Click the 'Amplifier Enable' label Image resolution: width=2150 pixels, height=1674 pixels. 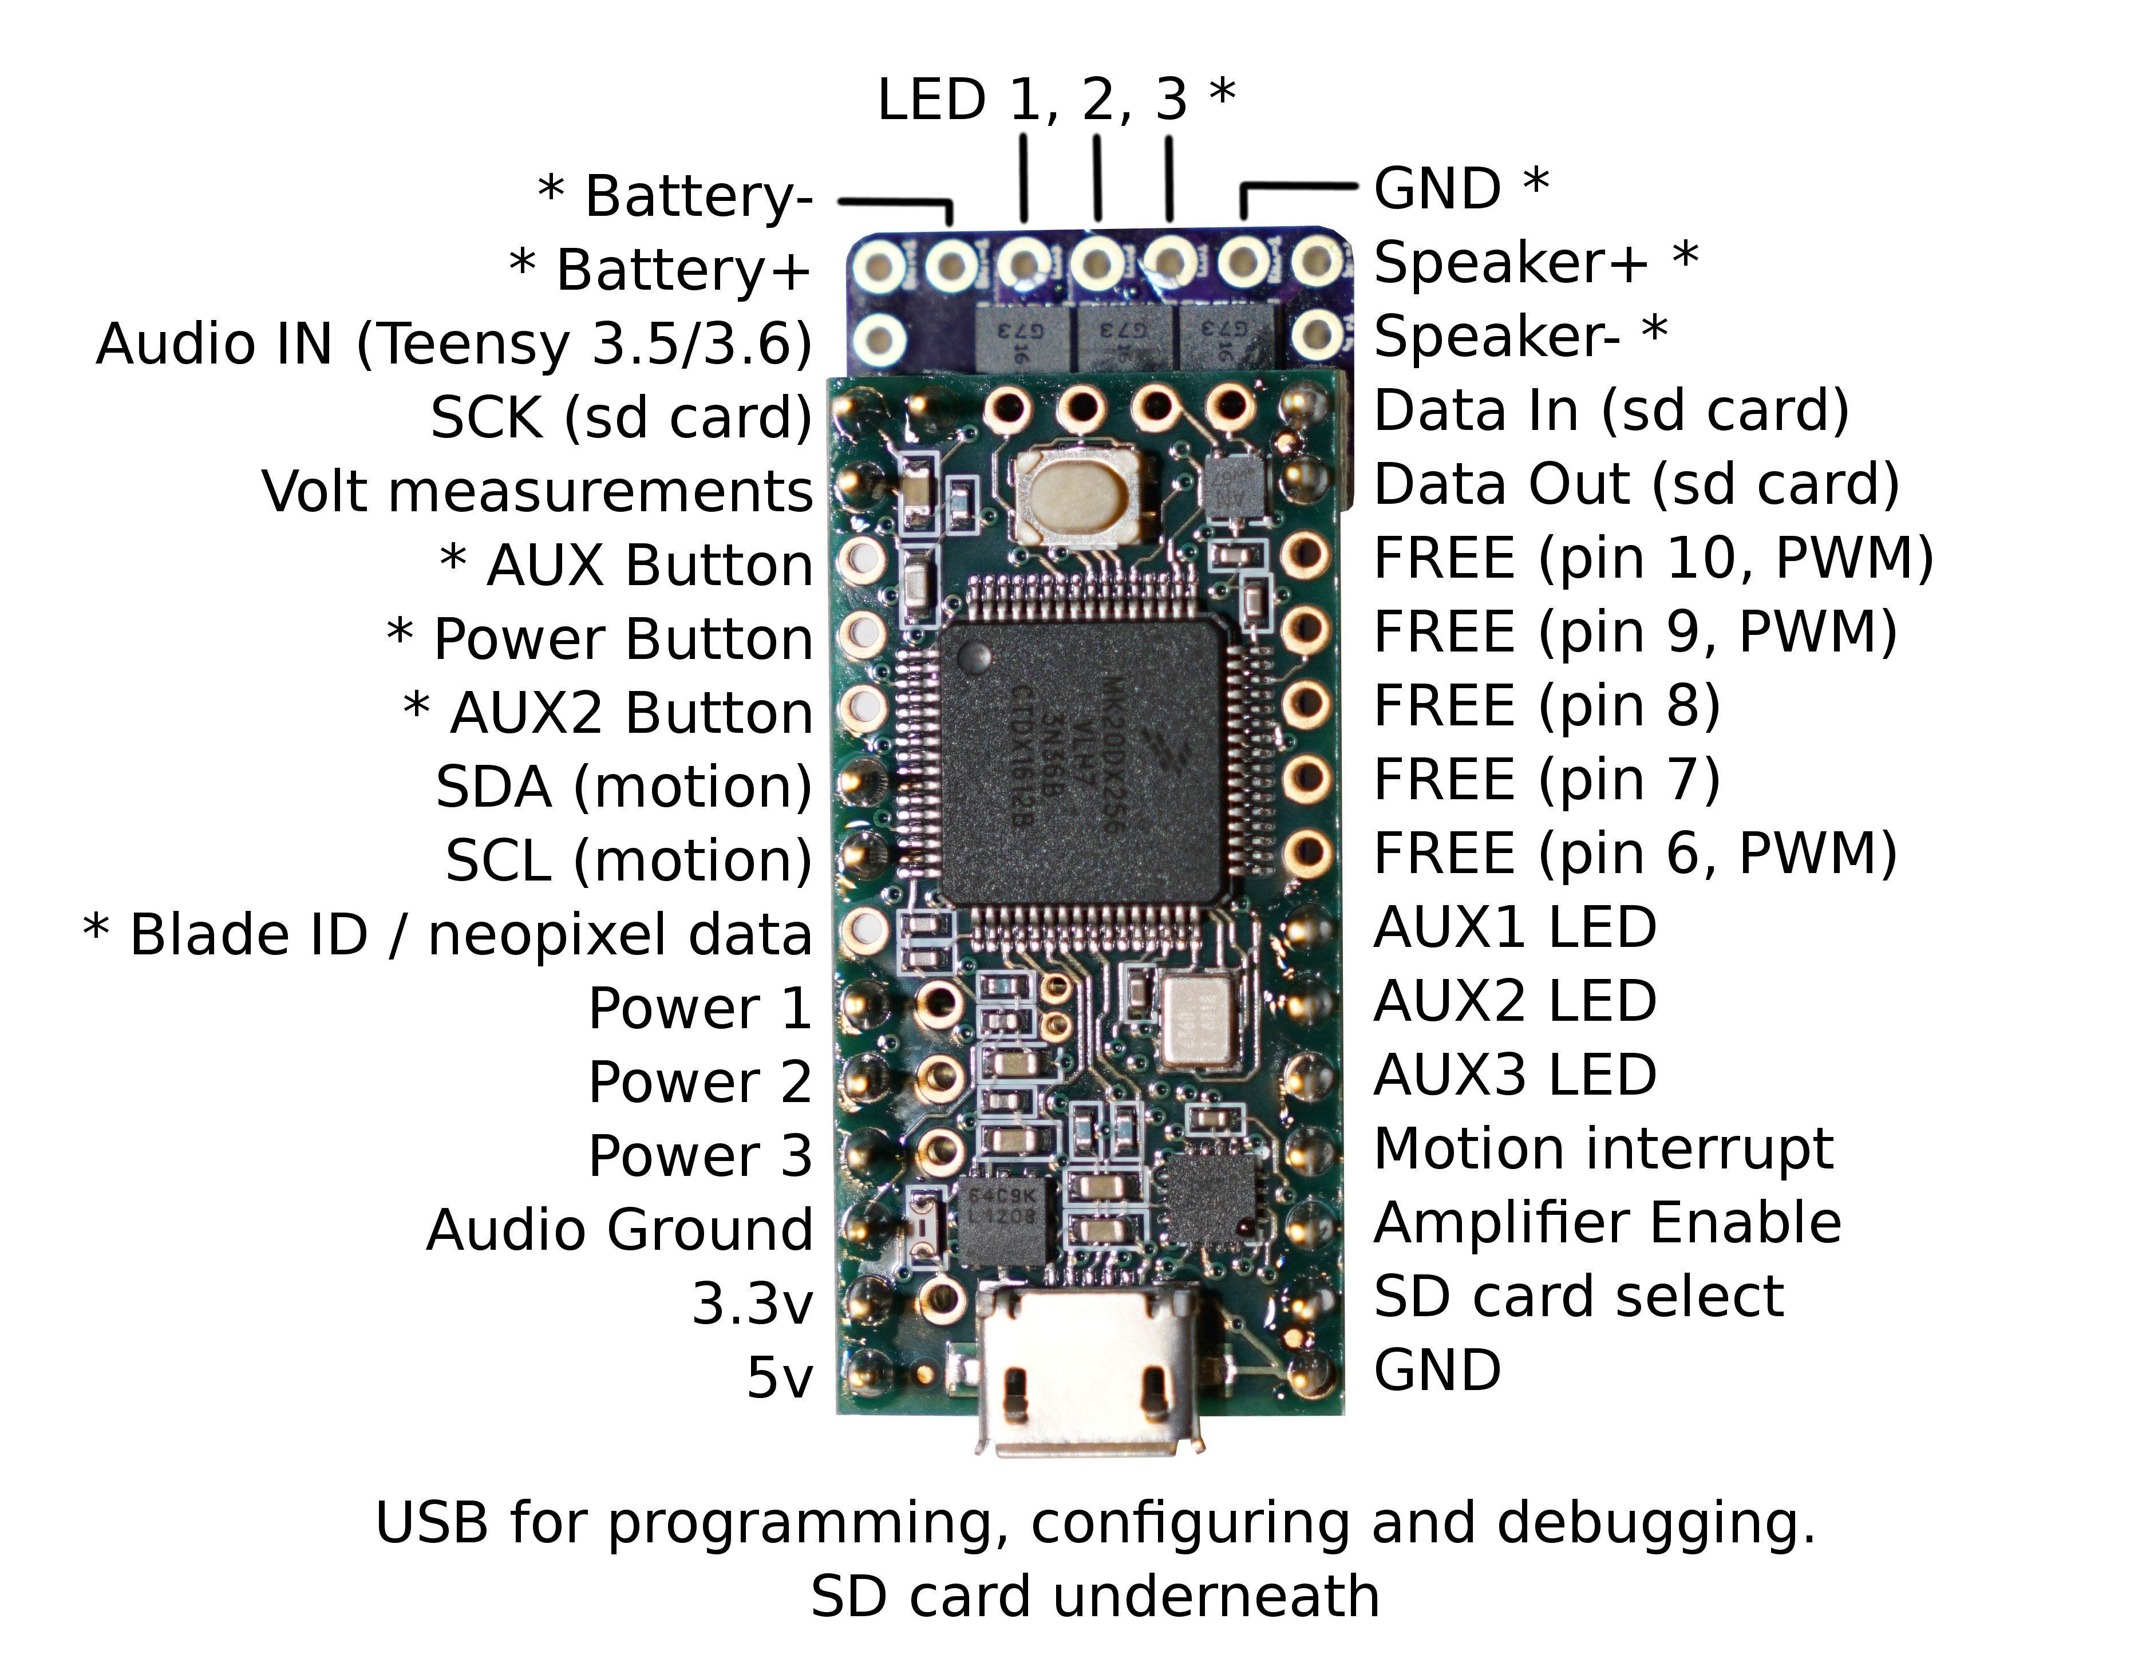(1607, 1223)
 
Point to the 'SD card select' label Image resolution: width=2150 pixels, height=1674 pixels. (1578, 1297)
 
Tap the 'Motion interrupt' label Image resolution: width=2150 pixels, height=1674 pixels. (1603, 1149)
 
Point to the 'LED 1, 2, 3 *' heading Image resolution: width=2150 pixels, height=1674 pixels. (1056, 100)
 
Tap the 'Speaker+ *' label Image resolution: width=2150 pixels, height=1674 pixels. (1536, 263)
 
